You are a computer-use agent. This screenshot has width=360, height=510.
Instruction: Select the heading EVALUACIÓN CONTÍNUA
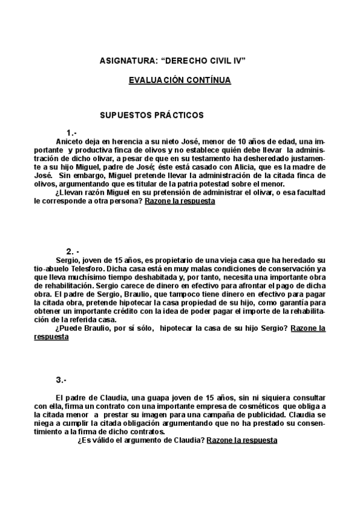180,80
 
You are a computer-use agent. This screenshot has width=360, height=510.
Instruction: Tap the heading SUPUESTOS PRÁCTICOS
151,115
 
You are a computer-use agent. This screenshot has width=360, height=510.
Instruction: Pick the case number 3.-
61,379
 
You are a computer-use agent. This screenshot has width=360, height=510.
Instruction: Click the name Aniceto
69,141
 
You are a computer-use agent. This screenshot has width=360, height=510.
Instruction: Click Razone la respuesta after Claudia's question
242,440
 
